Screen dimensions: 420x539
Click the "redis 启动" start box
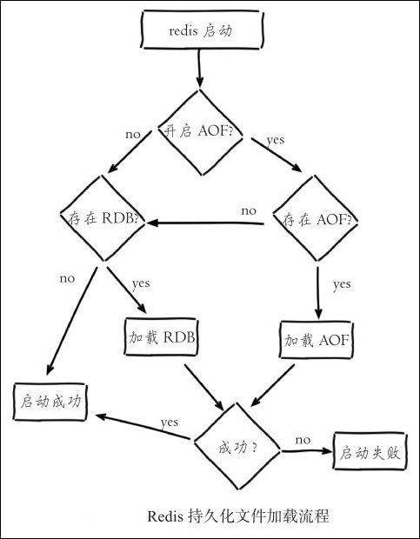tap(202, 30)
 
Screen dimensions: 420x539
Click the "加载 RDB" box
tap(161, 337)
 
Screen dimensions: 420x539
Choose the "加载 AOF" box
tap(317, 340)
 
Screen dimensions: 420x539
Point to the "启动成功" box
tap(50, 402)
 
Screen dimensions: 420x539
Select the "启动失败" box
tap(370, 451)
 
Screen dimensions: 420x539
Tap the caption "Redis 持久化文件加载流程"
tap(238, 516)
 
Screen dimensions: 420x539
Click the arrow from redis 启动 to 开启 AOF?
tap(199, 68)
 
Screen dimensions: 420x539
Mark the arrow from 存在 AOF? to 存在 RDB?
tap(205, 223)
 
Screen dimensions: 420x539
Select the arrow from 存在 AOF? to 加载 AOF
tap(318, 293)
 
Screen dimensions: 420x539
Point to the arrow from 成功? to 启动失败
tap(307, 450)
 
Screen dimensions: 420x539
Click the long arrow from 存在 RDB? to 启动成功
tap(72, 321)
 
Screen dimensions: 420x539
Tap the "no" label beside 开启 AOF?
tap(133, 135)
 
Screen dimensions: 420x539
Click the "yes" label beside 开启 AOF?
tap(276, 141)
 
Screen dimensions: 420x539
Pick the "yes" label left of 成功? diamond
tap(170, 423)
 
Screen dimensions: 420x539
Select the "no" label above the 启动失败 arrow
tap(303, 440)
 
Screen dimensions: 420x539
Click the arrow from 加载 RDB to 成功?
tap(204, 388)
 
